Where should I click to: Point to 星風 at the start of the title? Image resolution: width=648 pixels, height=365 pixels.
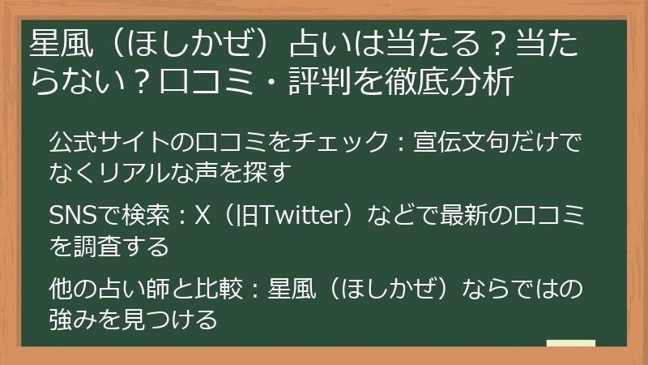click(57, 42)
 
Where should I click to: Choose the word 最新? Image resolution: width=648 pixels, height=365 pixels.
click(465, 217)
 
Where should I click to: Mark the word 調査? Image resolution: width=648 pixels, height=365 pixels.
click(109, 244)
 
